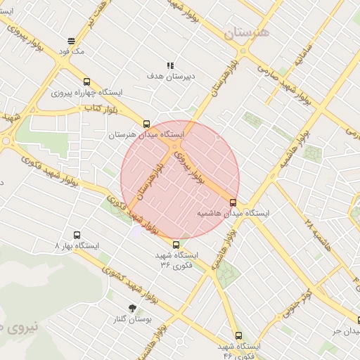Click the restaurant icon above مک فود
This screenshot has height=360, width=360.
pyautogui.click(x=71, y=41)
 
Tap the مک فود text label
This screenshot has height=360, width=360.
pyautogui.click(x=71, y=52)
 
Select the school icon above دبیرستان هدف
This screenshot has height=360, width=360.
pyautogui.click(x=169, y=65)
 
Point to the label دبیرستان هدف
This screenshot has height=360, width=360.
pyautogui.click(x=166, y=75)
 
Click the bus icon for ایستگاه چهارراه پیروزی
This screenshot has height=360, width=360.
pyautogui.click(x=86, y=82)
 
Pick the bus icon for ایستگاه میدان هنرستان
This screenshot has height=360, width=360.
pyautogui.click(x=146, y=123)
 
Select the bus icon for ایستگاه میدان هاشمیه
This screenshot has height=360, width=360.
pyautogui.click(x=233, y=202)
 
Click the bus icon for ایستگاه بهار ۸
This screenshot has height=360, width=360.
pyautogui.click(x=77, y=236)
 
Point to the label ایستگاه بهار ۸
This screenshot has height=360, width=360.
pyautogui.click(x=77, y=246)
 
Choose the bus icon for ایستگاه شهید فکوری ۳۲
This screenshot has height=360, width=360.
pyautogui.click(x=176, y=245)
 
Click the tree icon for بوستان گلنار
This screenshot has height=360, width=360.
pyautogui.click(x=132, y=308)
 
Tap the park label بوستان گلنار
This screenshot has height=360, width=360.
pyautogui.click(x=132, y=319)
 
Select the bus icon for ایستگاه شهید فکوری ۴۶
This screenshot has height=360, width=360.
pyautogui.click(x=238, y=336)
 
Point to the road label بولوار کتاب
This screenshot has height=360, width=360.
pyautogui.click(x=103, y=108)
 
